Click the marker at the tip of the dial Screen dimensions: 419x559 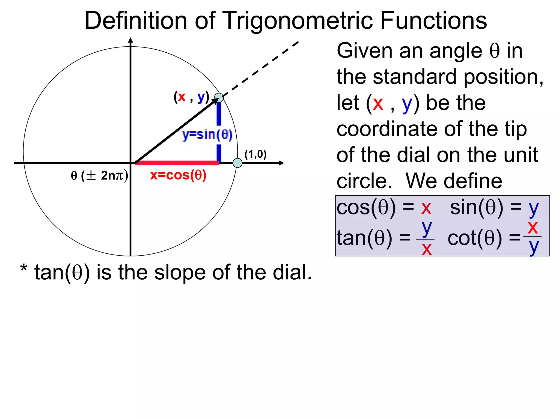point(219,98)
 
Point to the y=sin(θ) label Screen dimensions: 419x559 point(207,135)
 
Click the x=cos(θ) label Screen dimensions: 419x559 point(178,175)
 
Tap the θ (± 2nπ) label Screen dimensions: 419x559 point(99,175)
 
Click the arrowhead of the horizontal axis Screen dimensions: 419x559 point(281,163)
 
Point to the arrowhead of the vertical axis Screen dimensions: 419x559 point(131,40)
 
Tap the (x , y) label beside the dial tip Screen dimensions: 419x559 point(191,97)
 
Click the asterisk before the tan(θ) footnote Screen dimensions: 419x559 point(24,269)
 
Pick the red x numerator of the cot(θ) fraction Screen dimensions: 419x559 point(533,228)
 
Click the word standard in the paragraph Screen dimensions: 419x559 point(415,77)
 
